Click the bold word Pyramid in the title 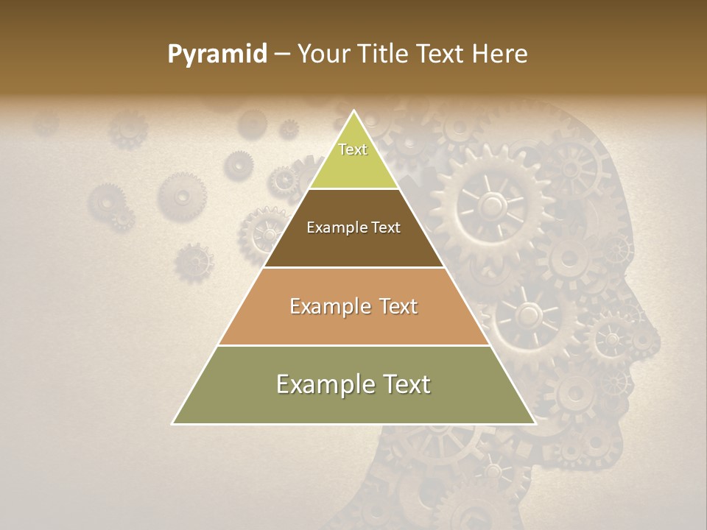[x=217, y=54]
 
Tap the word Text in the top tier [x=353, y=149]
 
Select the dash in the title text [x=281, y=54]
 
